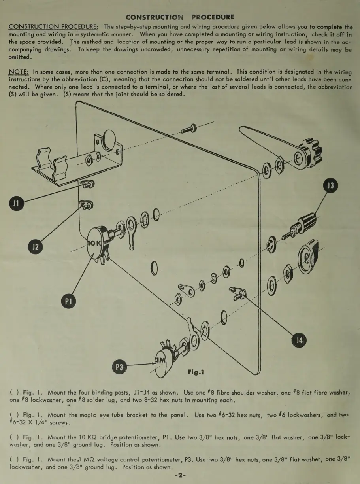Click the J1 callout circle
pos(16,204)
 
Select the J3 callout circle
pos(331,186)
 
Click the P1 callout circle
pos(68,301)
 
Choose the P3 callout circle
pos(120,367)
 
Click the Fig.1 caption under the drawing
pos(196,372)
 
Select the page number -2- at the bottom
pos(180,476)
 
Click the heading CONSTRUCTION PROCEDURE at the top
pos(180,17)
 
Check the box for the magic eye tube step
pos(13,415)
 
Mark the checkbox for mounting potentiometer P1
pos(13,438)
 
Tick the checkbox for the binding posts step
pos(13,393)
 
